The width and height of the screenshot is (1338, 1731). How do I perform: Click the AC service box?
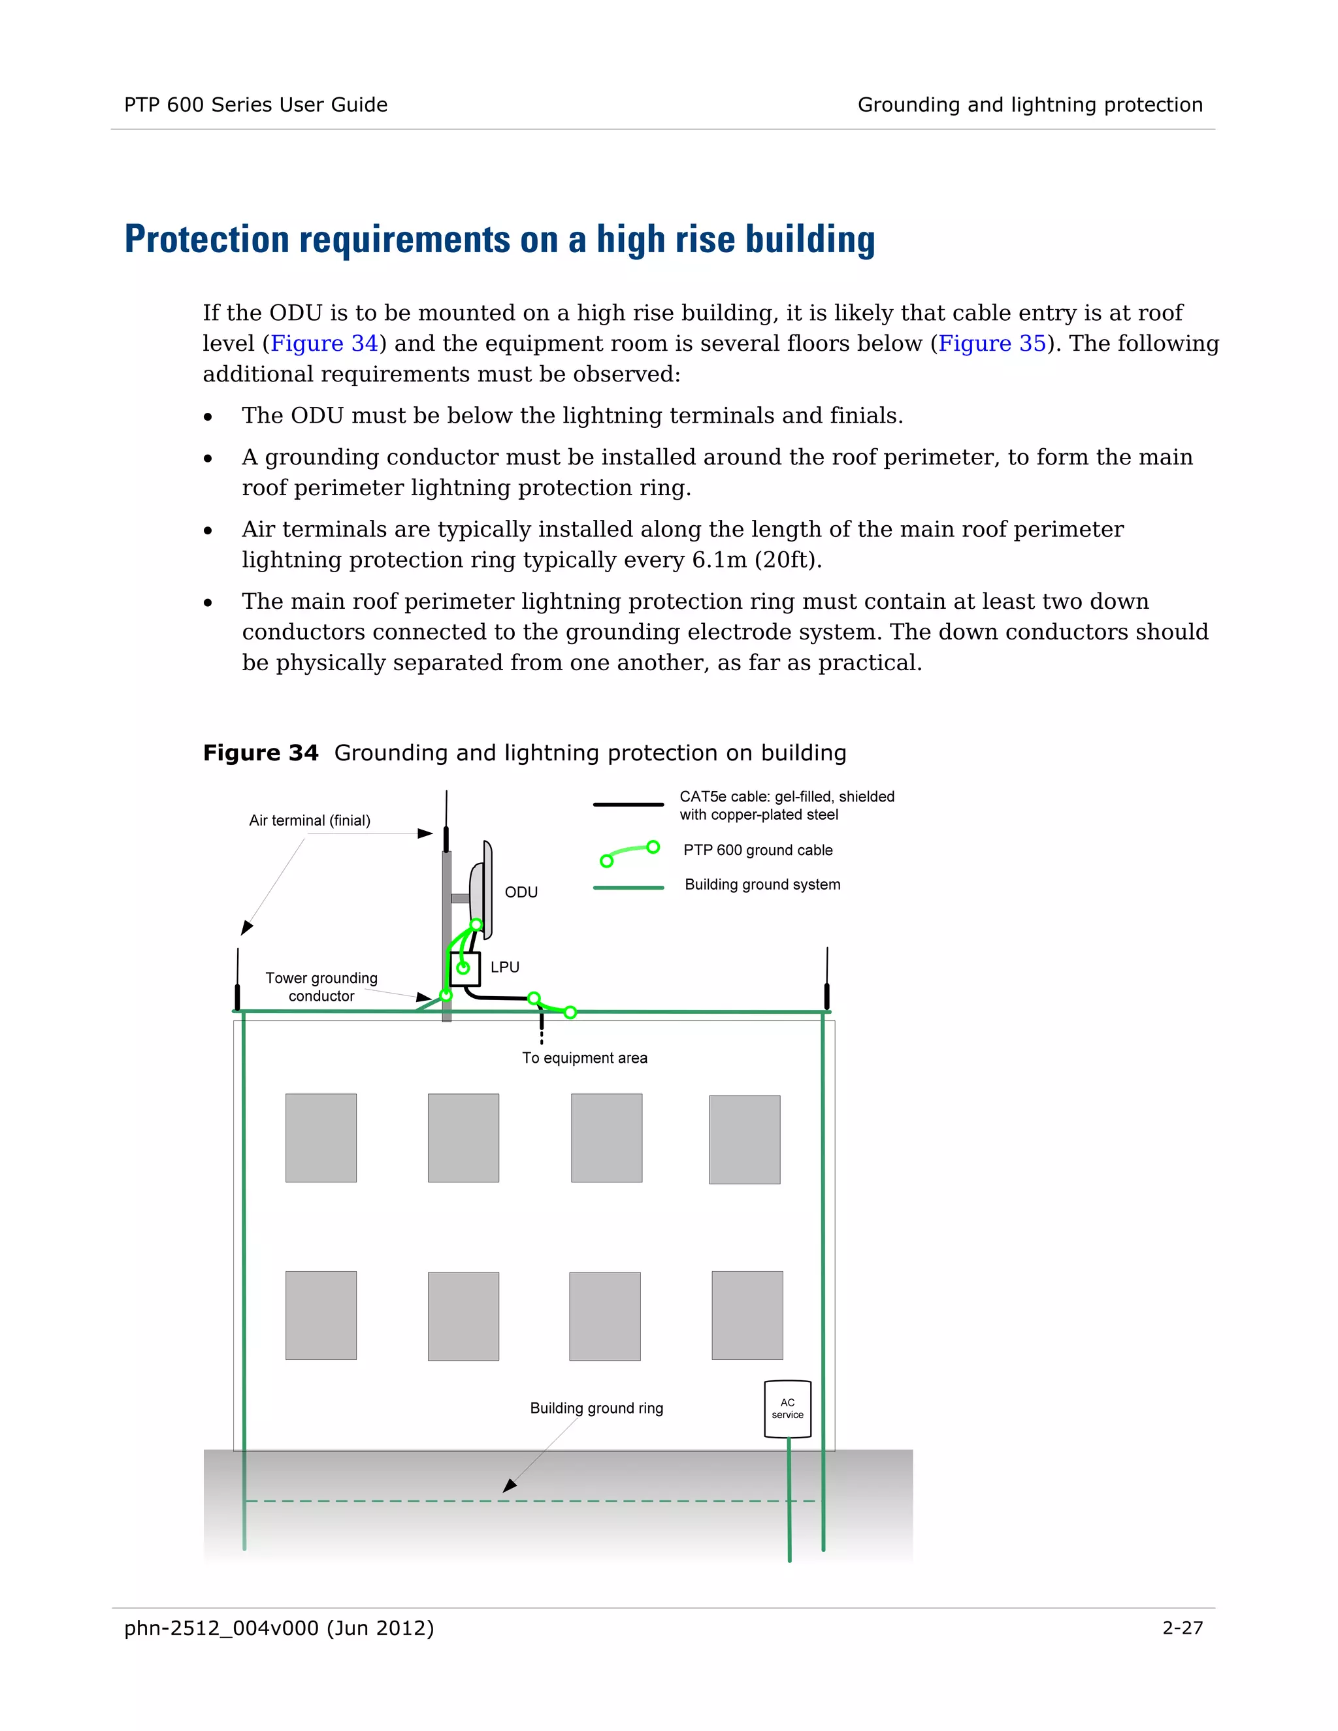click(x=787, y=1408)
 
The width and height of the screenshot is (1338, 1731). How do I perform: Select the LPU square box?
click(x=465, y=968)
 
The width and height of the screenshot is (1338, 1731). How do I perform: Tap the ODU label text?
click(x=521, y=892)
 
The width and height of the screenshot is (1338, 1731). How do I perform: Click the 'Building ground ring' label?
click(x=596, y=1408)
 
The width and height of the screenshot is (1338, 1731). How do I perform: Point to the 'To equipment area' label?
click(x=584, y=1058)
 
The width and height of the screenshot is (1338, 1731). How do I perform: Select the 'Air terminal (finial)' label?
click(x=309, y=820)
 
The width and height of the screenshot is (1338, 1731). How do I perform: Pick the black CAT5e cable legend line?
click(x=628, y=805)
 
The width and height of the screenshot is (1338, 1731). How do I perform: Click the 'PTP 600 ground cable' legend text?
click(x=758, y=850)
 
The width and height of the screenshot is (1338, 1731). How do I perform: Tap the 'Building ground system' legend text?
click(x=762, y=884)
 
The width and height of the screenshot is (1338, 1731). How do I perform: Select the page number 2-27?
click(x=1182, y=1628)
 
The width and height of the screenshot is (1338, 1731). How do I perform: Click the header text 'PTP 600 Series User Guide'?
click(x=255, y=105)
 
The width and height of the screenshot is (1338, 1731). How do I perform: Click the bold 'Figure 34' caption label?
click(x=260, y=753)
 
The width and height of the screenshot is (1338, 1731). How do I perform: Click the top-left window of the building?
click(x=320, y=1137)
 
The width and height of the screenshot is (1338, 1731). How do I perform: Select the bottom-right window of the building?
click(x=747, y=1315)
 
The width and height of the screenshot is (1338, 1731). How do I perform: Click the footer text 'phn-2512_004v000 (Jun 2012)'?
click(x=279, y=1628)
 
